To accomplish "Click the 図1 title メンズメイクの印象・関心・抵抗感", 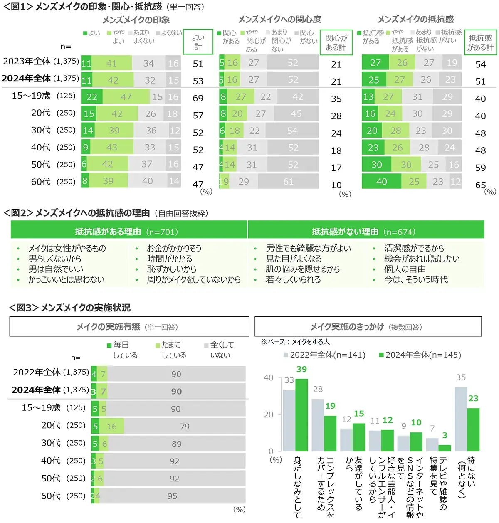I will point(99,7).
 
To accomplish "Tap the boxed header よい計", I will point(198,42).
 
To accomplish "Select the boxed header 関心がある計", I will point(336,42).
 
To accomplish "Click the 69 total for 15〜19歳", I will point(198,99).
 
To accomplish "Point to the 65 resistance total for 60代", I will point(480,185).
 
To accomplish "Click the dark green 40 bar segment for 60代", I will point(381,181).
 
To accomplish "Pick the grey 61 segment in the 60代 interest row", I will point(288,181).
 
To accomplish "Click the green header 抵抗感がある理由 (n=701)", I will point(126,232).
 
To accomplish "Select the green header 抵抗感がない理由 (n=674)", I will point(363,232).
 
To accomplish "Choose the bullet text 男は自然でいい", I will point(56,269).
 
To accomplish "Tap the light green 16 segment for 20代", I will point(111,427).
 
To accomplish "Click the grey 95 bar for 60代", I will point(172,496).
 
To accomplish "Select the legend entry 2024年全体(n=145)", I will point(420,355).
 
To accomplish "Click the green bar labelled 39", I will point(301,415).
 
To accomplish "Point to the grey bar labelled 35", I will point(461,419).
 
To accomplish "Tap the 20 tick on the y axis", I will point(269,414).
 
